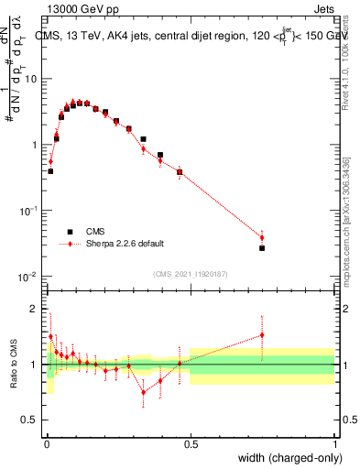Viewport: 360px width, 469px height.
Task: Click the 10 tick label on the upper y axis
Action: click(x=29, y=79)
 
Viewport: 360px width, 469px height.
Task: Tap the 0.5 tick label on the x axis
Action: click(x=191, y=444)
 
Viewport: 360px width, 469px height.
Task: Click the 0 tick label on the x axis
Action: click(x=46, y=444)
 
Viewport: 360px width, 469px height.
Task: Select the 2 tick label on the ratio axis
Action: click(x=35, y=309)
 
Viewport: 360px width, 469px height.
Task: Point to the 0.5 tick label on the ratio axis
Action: click(x=31, y=420)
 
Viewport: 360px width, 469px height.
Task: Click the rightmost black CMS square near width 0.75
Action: click(x=262, y=248)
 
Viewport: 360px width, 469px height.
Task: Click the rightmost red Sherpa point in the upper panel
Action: click(x=262, y=238)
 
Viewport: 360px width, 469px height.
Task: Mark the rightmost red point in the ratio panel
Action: click(x=262, y=335)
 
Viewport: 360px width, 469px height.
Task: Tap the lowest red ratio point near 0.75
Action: click(x=143, y=392)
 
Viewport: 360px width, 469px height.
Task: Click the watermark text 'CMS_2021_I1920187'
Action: click(x=190, y=273)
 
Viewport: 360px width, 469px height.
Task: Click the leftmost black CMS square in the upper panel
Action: click(x=50, y=171)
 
